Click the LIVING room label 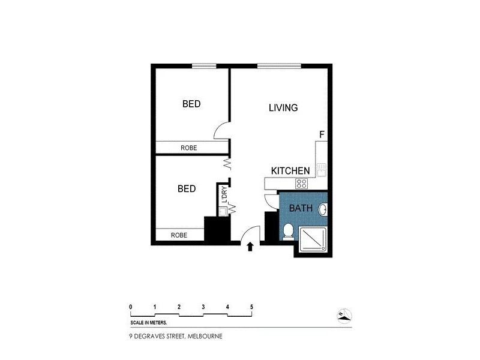283,108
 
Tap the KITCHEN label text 290,171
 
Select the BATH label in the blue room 300,209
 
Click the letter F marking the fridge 322,134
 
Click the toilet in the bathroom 288,230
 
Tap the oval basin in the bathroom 323,211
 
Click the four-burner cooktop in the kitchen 302,184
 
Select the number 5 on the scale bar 251,307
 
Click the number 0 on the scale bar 131,307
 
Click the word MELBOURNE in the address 205,336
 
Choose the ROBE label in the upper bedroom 189,148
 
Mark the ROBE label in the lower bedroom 179,235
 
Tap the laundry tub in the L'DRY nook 223,211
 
